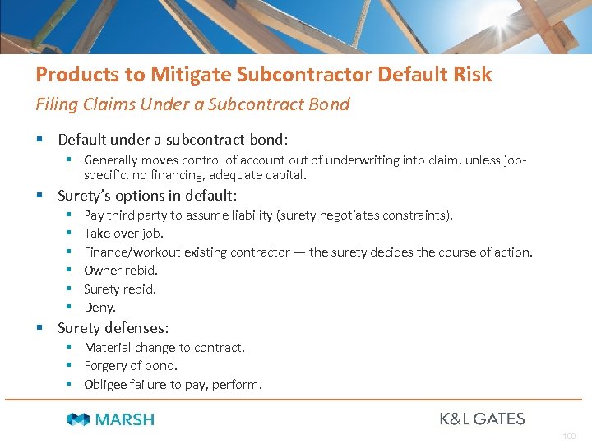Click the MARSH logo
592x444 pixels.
pyautogui.click(x=111, y=419)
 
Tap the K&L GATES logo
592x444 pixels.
pyautogui.click(x=482, y=419)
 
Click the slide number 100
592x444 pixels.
pyautogui.click(x=570, y=436)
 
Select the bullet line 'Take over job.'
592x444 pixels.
pyautogui.click(x=124, y=234)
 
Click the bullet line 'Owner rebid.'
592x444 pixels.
pyautogui.click(x=121, y=271)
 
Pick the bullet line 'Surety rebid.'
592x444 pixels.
pyautogui.click(x=120, y=289)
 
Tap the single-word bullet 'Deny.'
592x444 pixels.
pyautogui.click(x=100, y=308)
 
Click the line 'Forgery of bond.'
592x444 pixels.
pyautogui.click(x=131, y=366)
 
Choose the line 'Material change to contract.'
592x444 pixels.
pyautogui.click(x=164, y=348)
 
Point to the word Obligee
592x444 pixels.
pyautogui.click(x=106, y=384)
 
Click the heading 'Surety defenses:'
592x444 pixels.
pyautogui.click(x=113, y=328)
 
